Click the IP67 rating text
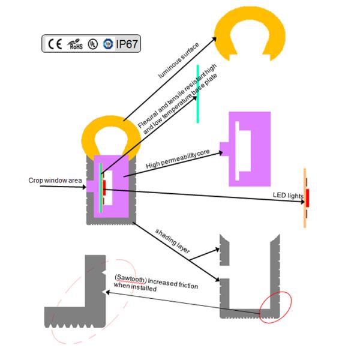[x=127, y=44]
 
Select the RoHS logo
[x=75, y=44]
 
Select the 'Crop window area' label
[x=53, y=180]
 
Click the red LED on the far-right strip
[x=307, y=197]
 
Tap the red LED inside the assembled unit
[x=104, y=185]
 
